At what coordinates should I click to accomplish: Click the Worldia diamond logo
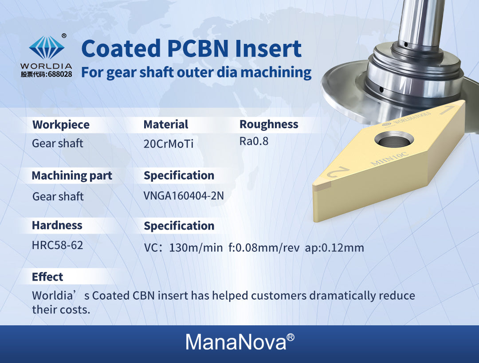(x=47, y=47)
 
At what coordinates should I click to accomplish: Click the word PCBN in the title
(x=198, y=48)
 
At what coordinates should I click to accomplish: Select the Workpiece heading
(x=61, y=125)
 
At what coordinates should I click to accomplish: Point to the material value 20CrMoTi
(x=169, y=144)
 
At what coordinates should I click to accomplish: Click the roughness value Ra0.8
(x=254, y=141)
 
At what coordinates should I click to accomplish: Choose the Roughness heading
(x=269, y=124)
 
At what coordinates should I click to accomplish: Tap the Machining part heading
(x=72, y=176)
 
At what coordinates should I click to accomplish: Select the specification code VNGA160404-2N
(x=184, y=196)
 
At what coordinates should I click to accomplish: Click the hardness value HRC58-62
(x=57, y=245)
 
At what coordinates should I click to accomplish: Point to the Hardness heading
(x=57, y=225)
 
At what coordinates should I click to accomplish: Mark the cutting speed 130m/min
(x=196, y=248)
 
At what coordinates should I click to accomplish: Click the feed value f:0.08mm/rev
(x=264, y=248)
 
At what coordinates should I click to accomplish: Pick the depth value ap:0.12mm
(x=334, y=248)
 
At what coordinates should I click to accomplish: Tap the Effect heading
(x=47, y=277)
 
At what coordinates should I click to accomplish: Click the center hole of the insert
(x=394, y=141)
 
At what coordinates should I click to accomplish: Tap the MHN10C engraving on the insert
(x=389, y=158)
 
